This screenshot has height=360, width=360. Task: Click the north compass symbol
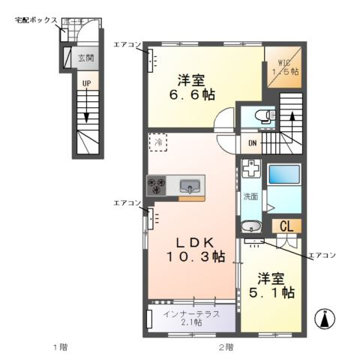click(x=325, y=318)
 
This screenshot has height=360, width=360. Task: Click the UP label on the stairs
click(x=86, y=82)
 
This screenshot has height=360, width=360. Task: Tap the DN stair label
click(x=253, y=143)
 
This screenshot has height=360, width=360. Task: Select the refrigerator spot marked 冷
click(x=158, y=141)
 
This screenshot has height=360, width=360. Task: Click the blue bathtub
click(x=284, y=174)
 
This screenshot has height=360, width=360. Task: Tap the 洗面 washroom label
click(x=250, y=197)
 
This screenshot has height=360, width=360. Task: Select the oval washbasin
click(x=252, y=226)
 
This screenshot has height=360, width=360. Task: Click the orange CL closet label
click(x=286, y=226)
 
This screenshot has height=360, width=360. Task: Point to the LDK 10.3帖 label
click(x=194, y=249)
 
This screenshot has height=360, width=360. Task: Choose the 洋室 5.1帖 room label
click(x=271, y=284)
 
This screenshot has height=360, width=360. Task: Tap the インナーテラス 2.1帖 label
click(x=191, y=318)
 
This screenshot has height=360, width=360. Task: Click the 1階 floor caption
click(x=61, y=346)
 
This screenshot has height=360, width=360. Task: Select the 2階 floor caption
click(x=225, y=346)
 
